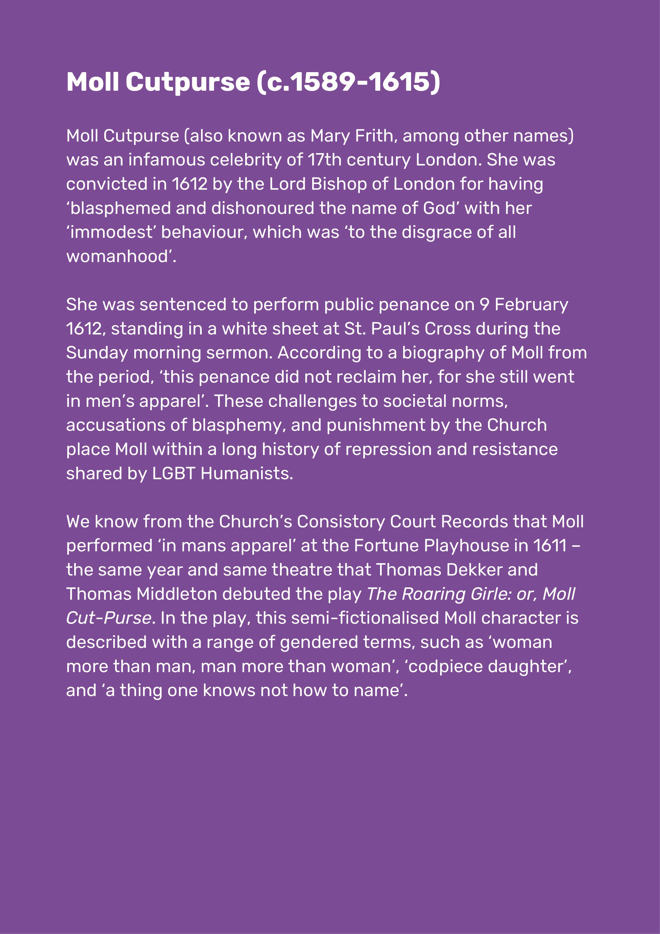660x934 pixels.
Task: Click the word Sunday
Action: coord(97,353)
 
